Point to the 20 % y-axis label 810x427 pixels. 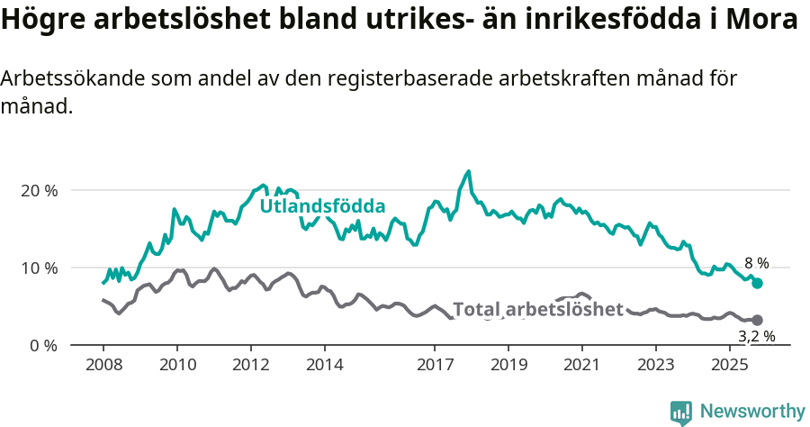point(39,191)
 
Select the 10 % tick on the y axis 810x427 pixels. point(39,268)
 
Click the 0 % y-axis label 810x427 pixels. point(42,346)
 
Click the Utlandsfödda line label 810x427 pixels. point(322,206)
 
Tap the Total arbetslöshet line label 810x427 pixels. point(537,310)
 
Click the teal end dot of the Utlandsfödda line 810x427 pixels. point(757,283)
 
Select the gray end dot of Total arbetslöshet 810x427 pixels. point(757,320)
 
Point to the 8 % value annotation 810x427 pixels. point(756,264)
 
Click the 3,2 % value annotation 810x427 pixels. point(756,337)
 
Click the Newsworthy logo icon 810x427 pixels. point(681,413)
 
